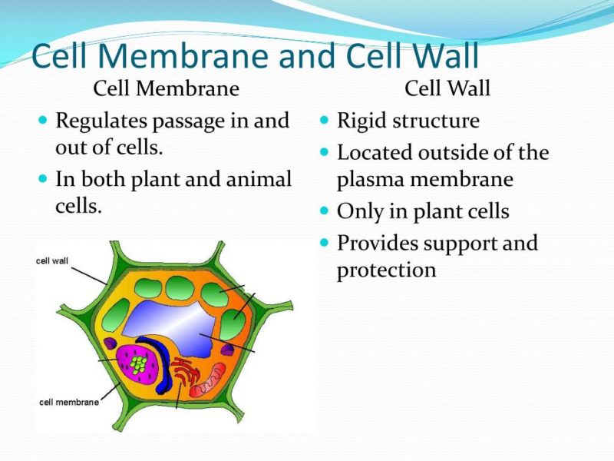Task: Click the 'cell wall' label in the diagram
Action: pos(52,260)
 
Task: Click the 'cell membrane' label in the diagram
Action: pos(69,402)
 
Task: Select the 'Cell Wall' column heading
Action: pos(447,88)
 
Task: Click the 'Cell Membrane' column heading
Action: pos(166,88)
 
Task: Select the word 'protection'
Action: pos(386,270)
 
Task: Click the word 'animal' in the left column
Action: pos(259,179)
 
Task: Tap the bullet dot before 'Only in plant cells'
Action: pos(324,210)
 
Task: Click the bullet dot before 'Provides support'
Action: pos(324,243)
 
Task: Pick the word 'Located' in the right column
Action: pos(375,152)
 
